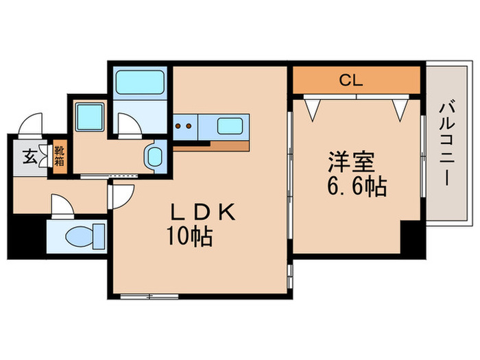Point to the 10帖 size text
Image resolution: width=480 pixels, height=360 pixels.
(x=189, y=237)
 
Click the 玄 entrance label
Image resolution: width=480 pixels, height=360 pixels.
(x=29, y=156)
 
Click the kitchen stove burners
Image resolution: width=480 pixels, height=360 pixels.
(x=183, y=126)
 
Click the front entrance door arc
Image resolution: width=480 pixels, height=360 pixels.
(x=31, y=124)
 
